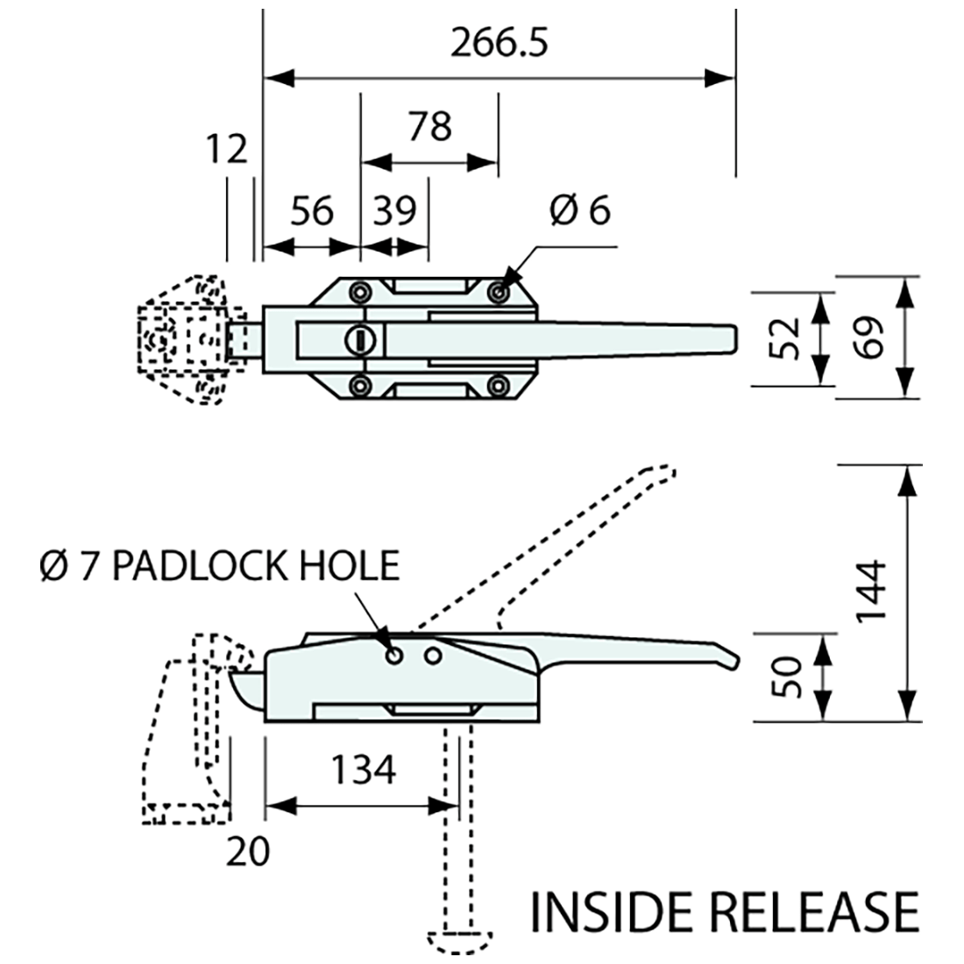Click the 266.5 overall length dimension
pos(499,45)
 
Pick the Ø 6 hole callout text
pos(579,210)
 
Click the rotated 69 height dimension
pos(868,337)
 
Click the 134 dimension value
pos(363,770)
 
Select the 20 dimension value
pos(246,850)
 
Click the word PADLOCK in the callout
pos(200,566)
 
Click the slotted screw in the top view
pos(358,337)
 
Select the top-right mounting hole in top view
pos(499,292)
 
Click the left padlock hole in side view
pos(395,656)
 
